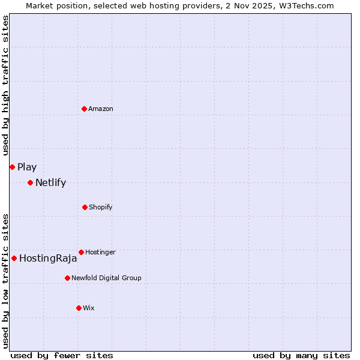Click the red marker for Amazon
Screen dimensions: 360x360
click(84, 109)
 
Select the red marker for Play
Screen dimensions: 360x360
click(12, 167)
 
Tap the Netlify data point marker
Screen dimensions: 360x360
click(30, 182)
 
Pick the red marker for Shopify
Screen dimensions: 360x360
click(85, 207)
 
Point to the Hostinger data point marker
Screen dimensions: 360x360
click(81, 252)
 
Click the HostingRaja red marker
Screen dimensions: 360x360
click(14, 258)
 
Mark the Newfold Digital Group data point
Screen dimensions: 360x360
click(67, 278)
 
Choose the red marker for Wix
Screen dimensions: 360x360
click(79, 308)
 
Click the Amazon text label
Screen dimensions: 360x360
click(101, 109)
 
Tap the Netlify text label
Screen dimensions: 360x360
click(50, 183)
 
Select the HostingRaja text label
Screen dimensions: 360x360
click(48, 259)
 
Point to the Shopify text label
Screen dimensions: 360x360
click(101, 207)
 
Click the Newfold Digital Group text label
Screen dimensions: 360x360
click(106, 278)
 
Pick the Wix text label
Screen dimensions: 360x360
click(89, 308)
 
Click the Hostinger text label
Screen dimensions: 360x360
click(100, 252)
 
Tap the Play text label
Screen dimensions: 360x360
click(27, 167)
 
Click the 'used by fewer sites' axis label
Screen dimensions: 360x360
click(62, 355)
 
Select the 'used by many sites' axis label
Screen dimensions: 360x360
click(301, 355)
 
